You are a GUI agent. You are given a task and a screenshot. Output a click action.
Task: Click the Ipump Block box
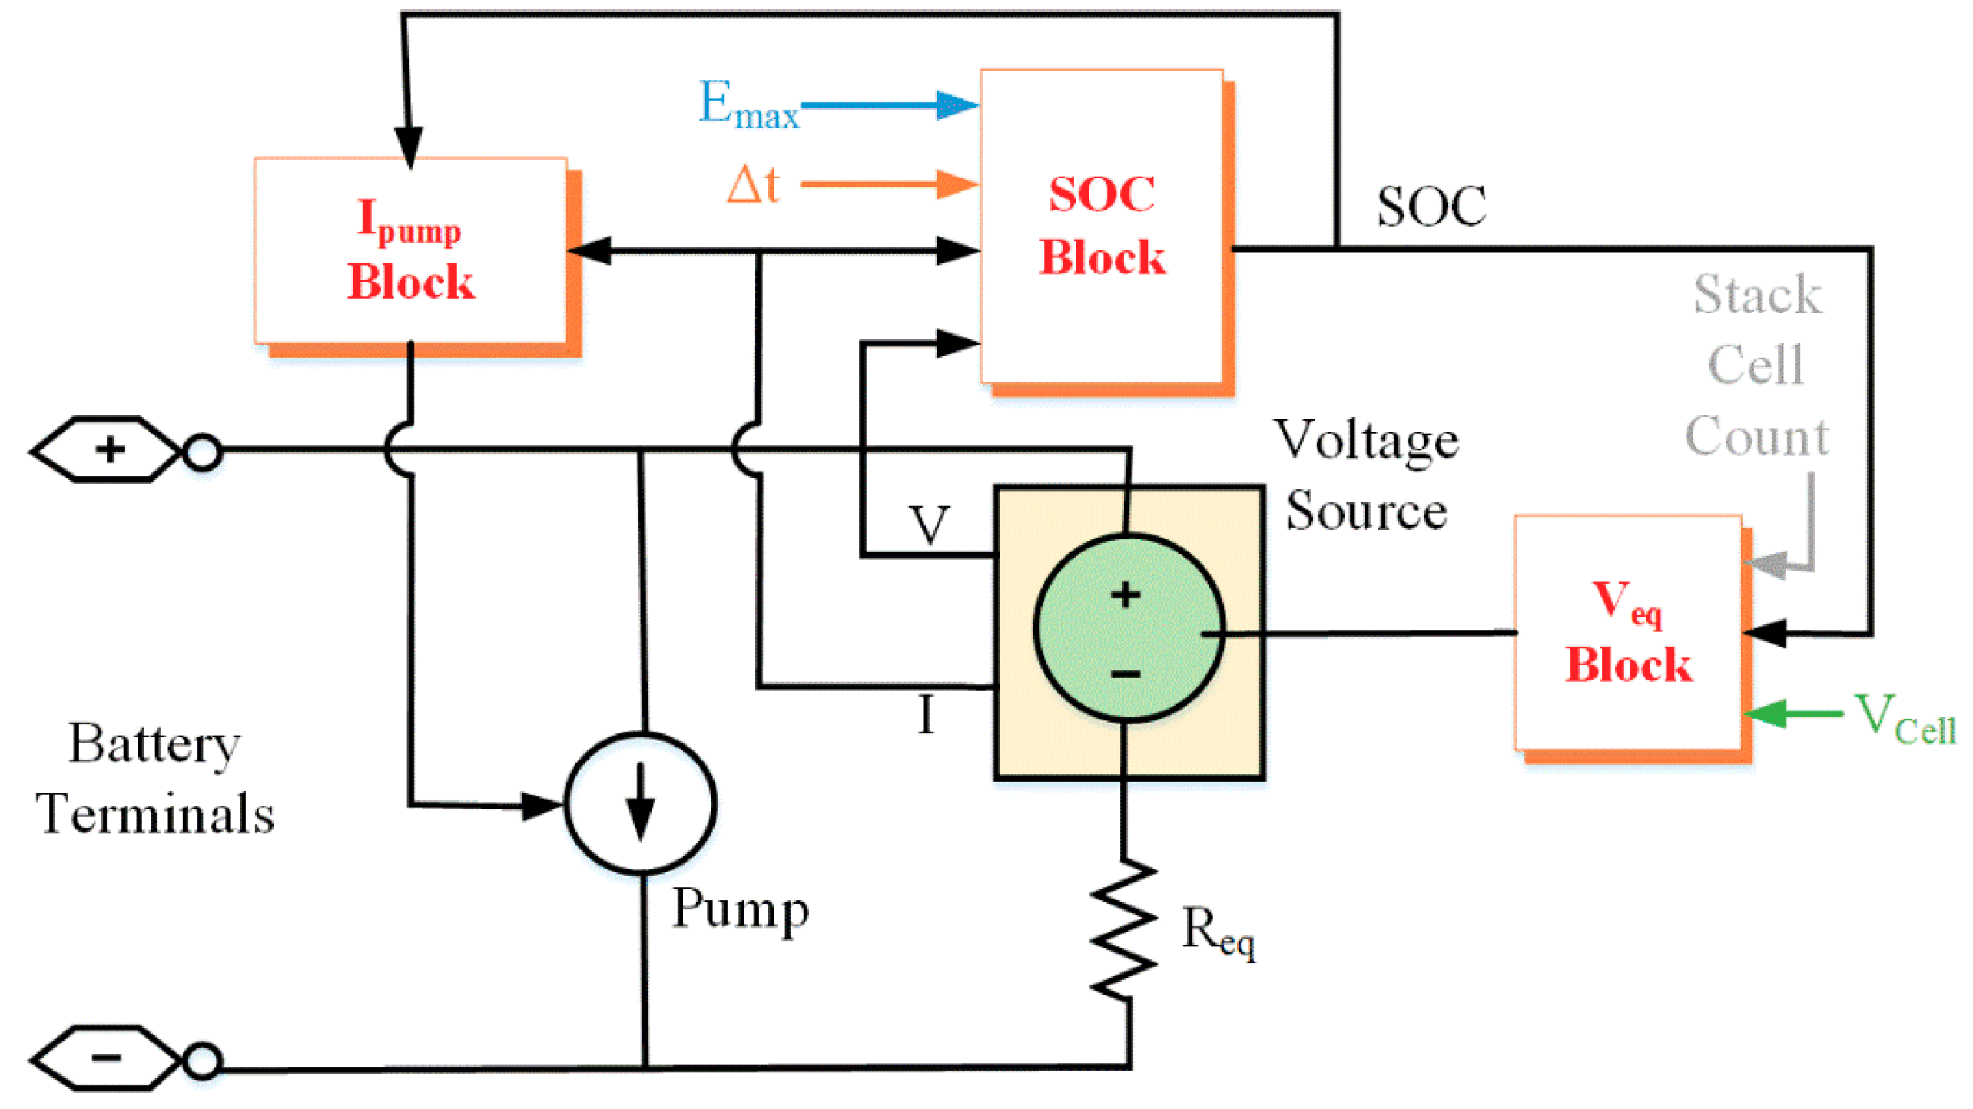[x=411, y=250]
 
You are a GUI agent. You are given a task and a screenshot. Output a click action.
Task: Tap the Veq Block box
[x=1628, y=633]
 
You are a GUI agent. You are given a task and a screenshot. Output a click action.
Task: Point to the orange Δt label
[x=753, y=185]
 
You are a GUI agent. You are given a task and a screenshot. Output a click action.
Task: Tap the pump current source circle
[x=641, y=803]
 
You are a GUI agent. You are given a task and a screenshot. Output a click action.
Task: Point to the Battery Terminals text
[x=154, y=779]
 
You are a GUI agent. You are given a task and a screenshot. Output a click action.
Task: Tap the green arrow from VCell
[x=1794, y=714]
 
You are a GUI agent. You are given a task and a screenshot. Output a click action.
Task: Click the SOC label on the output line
[x=1431, y=207]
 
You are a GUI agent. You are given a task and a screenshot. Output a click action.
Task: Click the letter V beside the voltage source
[x=930, y=525]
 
